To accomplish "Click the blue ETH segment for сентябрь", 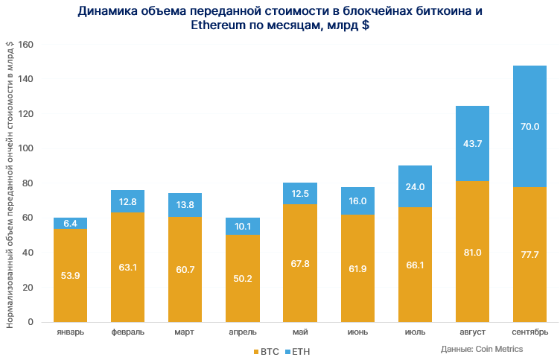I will click(529, 127).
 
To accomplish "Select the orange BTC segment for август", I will click(472, 251).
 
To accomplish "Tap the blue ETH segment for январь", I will click(71, 224).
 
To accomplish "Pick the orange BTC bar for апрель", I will click(243, 278).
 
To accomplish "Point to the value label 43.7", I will click(472, 143).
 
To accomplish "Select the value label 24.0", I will click(415, 186).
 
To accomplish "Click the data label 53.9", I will click(71, 276).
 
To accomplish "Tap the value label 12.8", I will click(128, 201).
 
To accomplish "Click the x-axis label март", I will click(185, 331).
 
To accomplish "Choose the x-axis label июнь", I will click(357, 331).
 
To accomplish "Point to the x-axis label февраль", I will click(128, 331).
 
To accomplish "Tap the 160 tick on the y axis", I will click(27, 45).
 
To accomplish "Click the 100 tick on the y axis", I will click(27, 148).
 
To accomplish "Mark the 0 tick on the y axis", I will click(31, 322).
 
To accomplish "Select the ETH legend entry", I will click(297, 350).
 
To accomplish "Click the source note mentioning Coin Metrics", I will click(481, 349).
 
